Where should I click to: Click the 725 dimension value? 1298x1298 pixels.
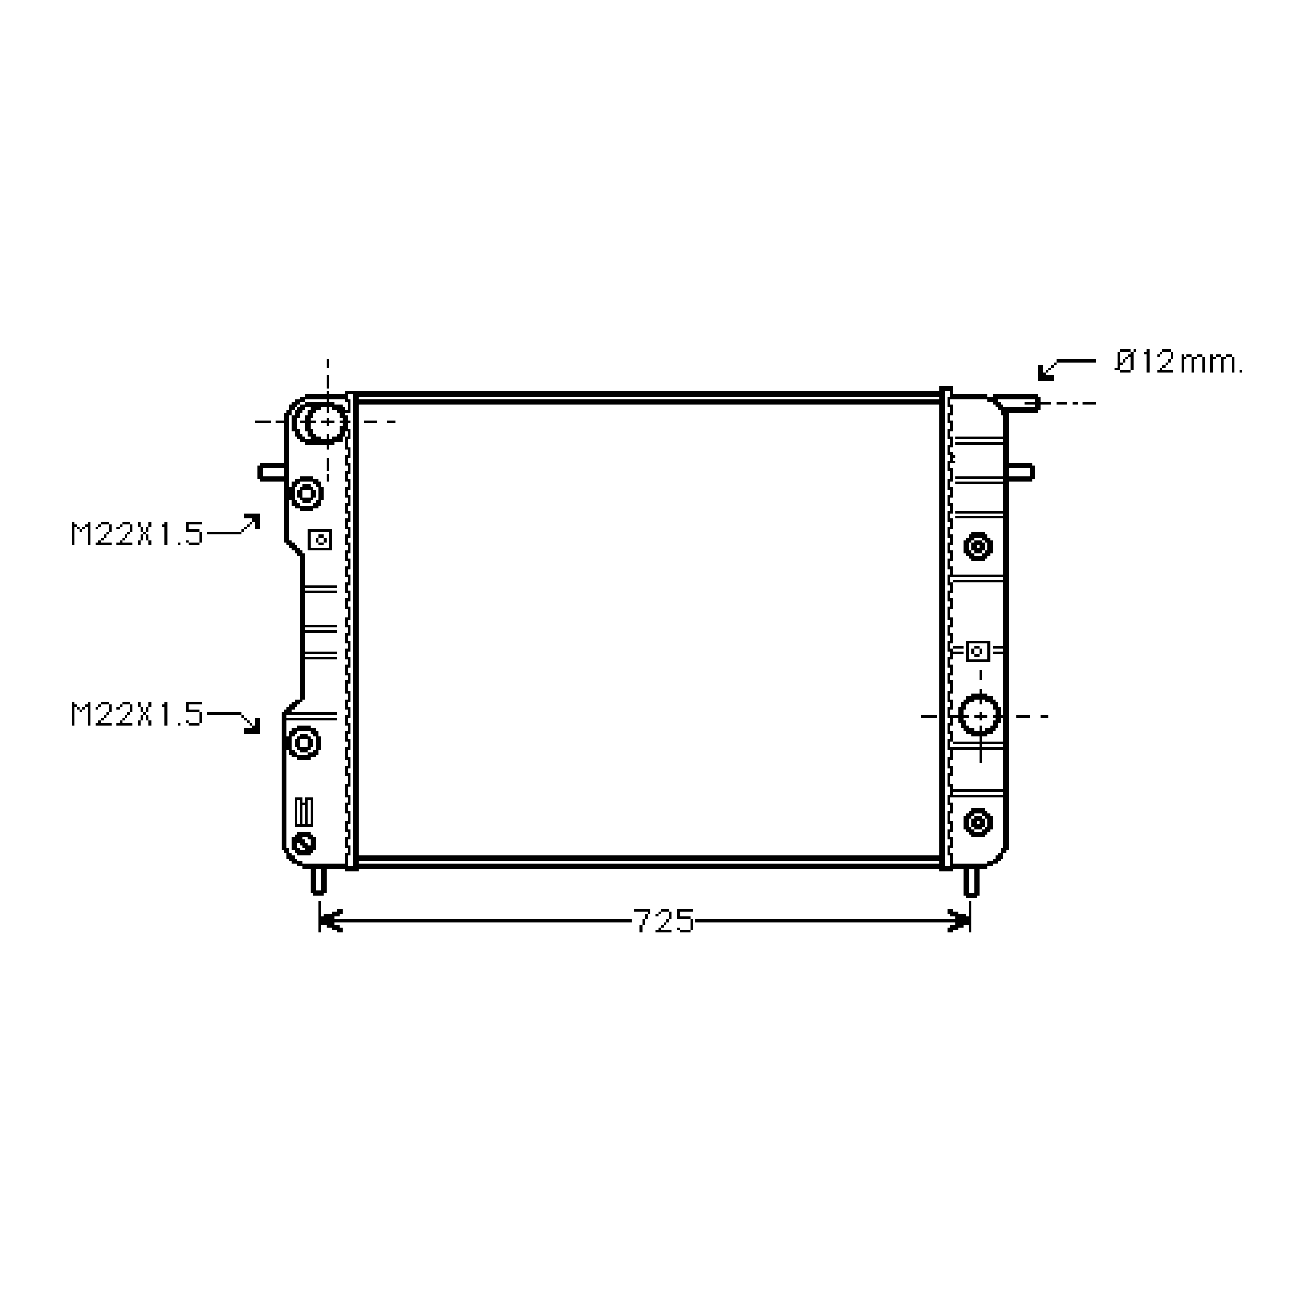[x=664, y=921]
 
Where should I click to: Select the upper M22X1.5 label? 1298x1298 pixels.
[x=136, y=534]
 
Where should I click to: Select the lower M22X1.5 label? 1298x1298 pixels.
[x=136, y=714]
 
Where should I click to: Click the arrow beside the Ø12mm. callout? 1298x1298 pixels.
[x=1066, y=369]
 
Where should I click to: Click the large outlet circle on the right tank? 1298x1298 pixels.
[x=980, y=716]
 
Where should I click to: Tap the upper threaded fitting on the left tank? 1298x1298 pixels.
[x=306, y=494]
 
